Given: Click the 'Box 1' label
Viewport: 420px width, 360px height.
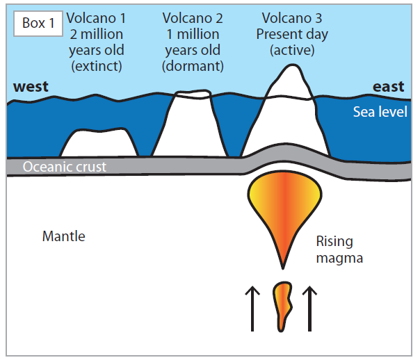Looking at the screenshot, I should click(38, 23).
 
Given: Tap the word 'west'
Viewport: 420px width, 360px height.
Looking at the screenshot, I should click(31, 87).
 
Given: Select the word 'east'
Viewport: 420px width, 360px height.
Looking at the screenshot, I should click(388, 87).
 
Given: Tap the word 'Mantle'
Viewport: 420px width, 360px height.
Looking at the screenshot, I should click(63, 236).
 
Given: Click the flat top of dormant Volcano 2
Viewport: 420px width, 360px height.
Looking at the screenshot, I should click(193, 95).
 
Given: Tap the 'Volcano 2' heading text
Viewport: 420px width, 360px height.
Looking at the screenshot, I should click(193, 16).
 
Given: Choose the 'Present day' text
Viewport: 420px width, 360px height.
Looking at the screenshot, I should click(295, 33).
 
